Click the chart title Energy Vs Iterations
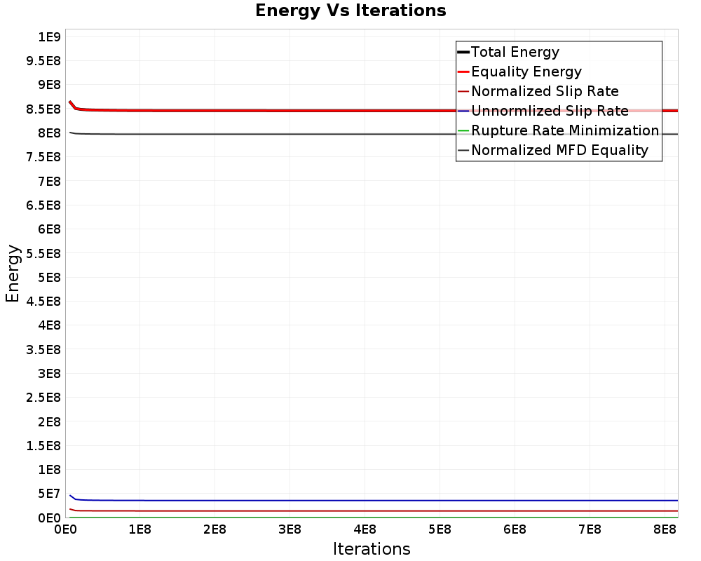pos(350,11)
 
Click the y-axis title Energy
pos(13,273)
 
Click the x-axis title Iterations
pos(372,548)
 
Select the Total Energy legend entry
pos(515,52)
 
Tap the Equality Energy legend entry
pos(526,72)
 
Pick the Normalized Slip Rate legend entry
pos(545,91)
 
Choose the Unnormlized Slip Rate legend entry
pos(550,111)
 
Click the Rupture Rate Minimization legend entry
pos(565,130)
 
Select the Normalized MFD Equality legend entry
pos(559,150)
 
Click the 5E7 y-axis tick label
pos(49,494)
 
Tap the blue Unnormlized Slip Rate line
pos(350,501)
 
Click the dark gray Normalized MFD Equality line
pos(350,134)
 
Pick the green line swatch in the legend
pos(463,130)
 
